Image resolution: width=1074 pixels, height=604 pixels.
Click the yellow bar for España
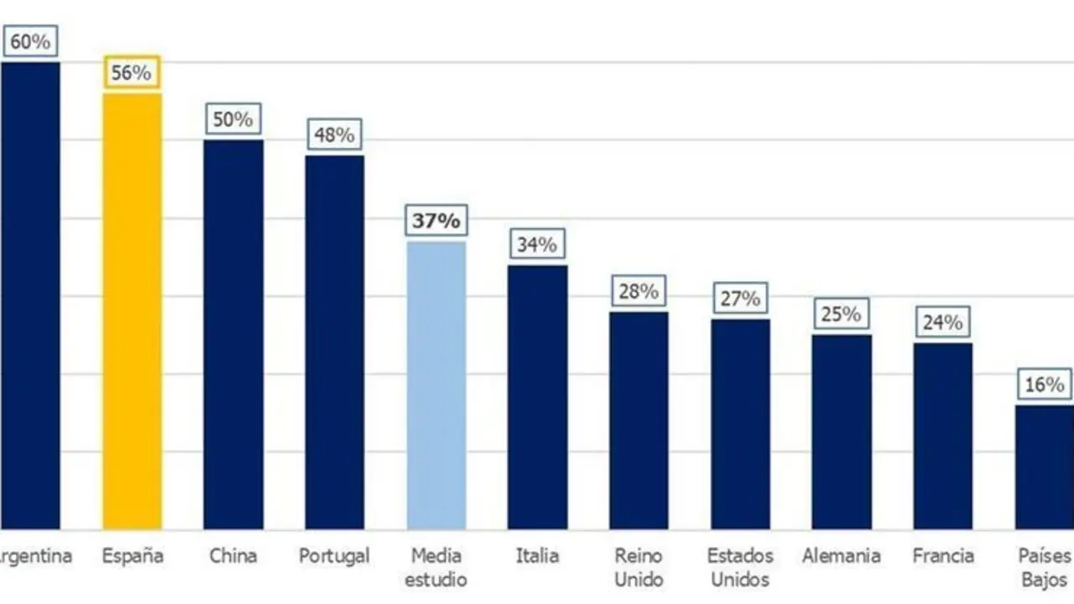132,310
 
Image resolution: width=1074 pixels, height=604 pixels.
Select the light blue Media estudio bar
436,385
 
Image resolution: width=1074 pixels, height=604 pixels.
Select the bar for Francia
943,435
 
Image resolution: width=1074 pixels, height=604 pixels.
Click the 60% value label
30,41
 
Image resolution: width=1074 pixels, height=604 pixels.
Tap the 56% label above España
132,73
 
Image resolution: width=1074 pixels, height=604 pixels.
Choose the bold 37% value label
436,221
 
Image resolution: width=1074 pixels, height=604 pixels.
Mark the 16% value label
1044,385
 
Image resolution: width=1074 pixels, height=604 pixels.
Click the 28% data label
639,291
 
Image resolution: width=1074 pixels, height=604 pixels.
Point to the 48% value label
335,134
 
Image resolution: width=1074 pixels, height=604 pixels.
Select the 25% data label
842,315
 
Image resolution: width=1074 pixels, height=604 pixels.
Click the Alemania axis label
842,555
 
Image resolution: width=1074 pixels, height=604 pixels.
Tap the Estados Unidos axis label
740,567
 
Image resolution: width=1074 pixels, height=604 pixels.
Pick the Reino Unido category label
639,567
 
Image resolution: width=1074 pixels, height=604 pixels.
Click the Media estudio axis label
436,567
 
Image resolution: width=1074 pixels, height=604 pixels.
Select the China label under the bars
233,555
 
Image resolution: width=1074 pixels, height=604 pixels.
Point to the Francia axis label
943,555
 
